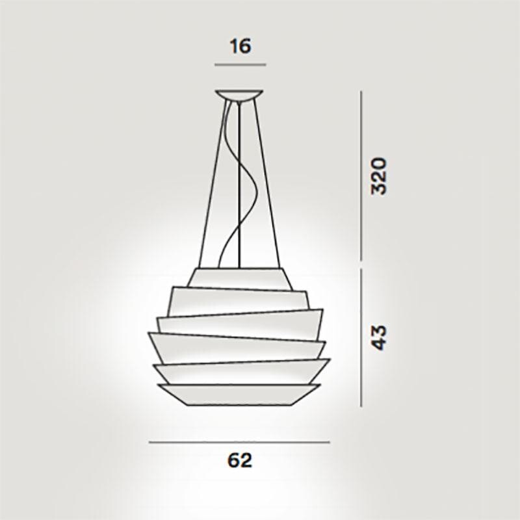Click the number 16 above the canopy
click(240, 47)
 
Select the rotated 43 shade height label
click(379, 336)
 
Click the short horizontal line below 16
click(240, 65)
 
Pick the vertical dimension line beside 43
click(361, 337)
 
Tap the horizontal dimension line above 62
click(239, 442)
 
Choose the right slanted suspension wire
click(269, 182)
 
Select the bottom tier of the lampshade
click(239, 393)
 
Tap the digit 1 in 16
click(233, 47)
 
